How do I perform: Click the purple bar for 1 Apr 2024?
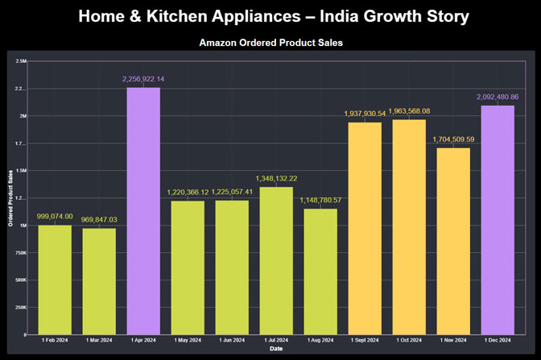[x=143, y=211]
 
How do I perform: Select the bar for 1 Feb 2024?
[x=56, y=279]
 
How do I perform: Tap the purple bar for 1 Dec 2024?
[x=498, y=220]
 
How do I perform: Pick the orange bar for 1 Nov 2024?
[x=453, y=241]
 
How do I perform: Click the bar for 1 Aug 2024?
[x=320, y=271]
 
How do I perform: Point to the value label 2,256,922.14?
[x=143, y=79]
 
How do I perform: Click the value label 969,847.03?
[x=99, y=220]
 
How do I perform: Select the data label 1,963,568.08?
[x=409, y=111]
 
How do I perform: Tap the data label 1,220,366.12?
[x=188, y=192]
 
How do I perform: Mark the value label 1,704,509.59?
[x=453, y=139]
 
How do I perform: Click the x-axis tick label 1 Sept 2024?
[x=365, y=341]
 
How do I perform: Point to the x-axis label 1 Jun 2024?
[x=232, y=341]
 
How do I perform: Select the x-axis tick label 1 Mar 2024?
[x=99, y=341]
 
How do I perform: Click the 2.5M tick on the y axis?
[x=22, y=61]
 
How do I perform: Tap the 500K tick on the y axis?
[x=21, y=279]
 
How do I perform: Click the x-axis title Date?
[x=276, y=349]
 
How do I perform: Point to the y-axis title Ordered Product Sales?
[x=10, y=198]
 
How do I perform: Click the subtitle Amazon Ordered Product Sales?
[x=270, y=43]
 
